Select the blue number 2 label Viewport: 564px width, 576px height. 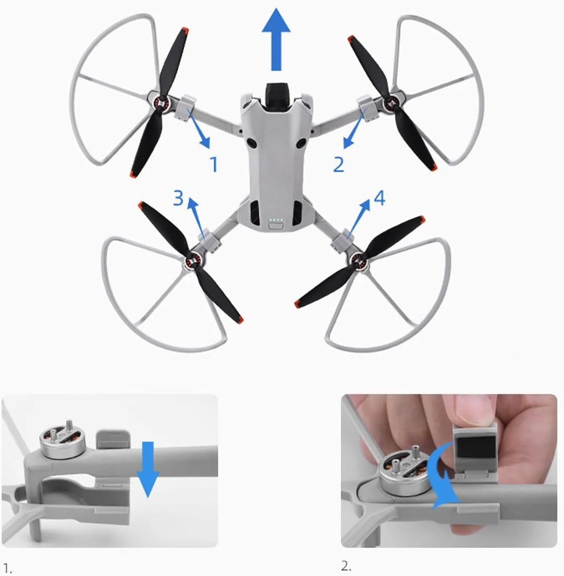[x=339, y=164]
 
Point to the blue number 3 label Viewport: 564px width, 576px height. [x=178, y=198]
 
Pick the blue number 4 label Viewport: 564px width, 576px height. [x=379, y=198]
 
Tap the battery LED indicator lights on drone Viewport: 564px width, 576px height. [x=276, y=220]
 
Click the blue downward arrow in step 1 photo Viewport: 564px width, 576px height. [x=147, y=469]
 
